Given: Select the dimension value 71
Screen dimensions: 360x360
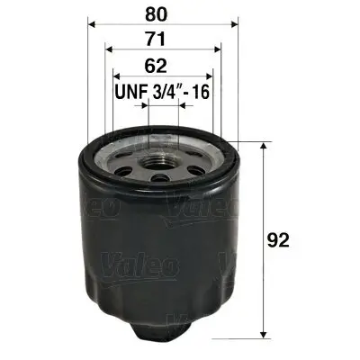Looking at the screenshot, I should pyautogui.click(x=160, y=39).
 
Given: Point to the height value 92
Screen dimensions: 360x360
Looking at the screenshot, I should pyautogui.click(x=282, y=239).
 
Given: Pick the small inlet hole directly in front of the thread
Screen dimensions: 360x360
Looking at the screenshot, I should pyautogui.click(x=160, y=179).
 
